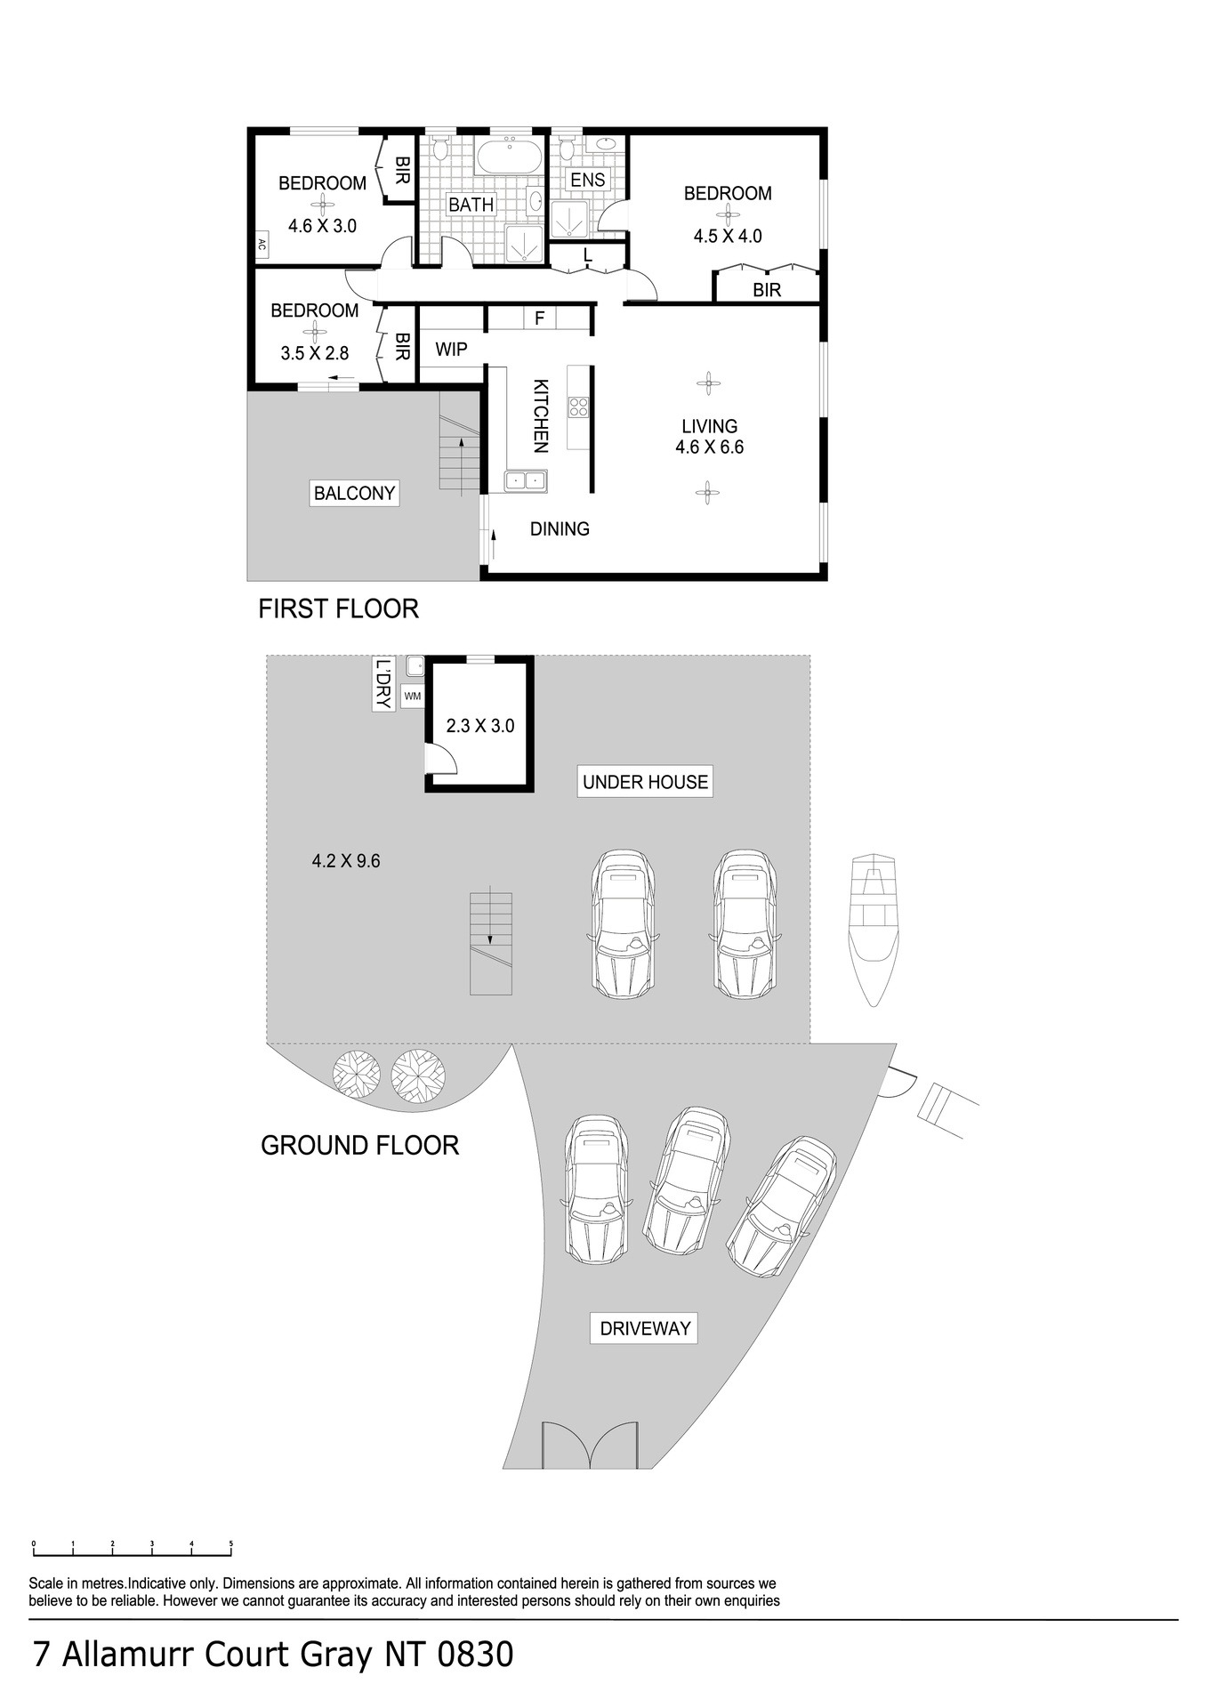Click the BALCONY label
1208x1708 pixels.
[354, 493]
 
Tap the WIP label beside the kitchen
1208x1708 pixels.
[451, 349]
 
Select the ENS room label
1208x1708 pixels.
[587, 180]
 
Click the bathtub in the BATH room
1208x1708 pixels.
[509, 157]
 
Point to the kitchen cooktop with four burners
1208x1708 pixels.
[579, 407]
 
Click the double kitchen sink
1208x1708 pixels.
[526, 481]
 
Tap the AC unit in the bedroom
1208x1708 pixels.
[262, 245]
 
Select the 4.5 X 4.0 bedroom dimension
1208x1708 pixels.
[728, 237]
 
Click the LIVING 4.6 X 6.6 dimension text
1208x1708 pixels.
[709, 447]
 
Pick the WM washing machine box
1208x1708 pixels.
[413, 696]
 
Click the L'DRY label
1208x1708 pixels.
[383, 684]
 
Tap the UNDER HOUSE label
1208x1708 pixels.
[645, 782]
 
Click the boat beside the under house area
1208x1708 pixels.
[873, 930]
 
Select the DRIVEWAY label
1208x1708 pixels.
[645, 1328]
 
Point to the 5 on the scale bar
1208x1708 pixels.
[231, 1543]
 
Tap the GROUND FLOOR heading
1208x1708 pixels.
[360, 1145]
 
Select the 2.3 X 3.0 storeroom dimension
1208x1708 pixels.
[480, 726]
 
